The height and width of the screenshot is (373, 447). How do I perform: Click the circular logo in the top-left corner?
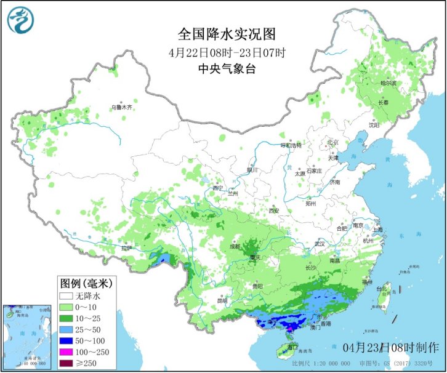coord(19,19)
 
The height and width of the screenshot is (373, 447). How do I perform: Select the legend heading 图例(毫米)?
coord(85,283)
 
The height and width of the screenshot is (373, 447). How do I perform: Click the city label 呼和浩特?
coord(291,146)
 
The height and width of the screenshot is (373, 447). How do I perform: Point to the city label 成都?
coord(235,246)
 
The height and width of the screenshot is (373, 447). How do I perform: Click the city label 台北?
coord(382,288)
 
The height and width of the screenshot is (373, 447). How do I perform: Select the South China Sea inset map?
coord(27,337)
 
